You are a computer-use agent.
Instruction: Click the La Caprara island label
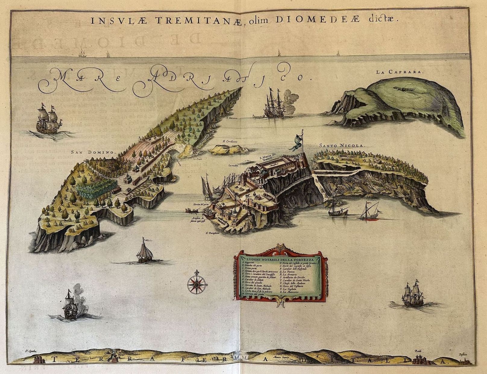tap(400, 72)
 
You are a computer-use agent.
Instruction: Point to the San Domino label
tap(94, 152)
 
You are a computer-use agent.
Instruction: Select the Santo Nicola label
tap(342, 145)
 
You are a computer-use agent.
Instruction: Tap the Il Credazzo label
tap(231, 141)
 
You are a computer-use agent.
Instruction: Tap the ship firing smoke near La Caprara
tap(275, 104)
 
